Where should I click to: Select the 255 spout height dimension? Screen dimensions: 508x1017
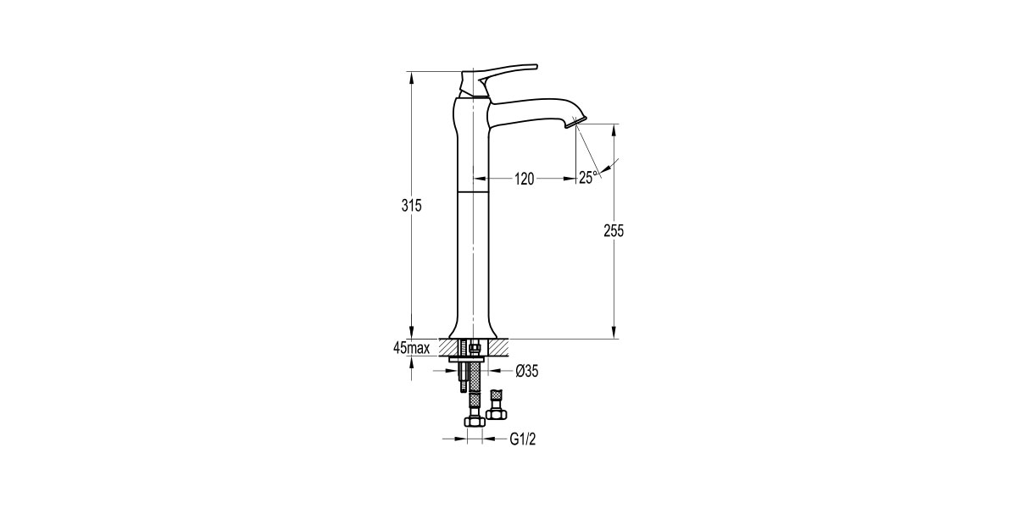[614, 231]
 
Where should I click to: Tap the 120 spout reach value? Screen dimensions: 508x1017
[525, 179]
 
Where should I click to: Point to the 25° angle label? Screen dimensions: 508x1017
[588, 177]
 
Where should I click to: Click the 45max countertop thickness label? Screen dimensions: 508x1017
[411, 348]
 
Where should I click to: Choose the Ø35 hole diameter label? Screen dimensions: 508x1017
[526, 370]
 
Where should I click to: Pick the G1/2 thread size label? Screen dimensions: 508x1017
[525, 439]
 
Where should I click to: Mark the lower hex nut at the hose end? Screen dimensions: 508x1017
[473, 420]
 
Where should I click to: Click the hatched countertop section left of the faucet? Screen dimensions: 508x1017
[448, 347]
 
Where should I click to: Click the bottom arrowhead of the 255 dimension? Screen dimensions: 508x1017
[614, 334]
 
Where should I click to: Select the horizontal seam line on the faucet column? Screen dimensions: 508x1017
[474, 193]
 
